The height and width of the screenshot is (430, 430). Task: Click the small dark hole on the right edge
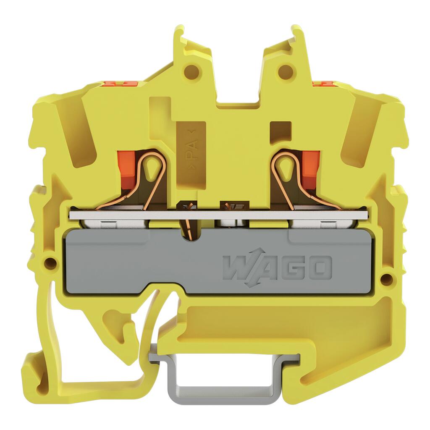[x=387, y=279]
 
